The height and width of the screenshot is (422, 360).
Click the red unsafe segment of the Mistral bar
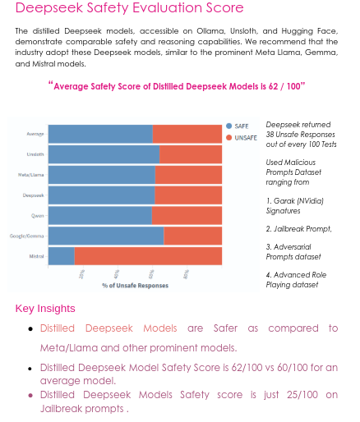(148, 255)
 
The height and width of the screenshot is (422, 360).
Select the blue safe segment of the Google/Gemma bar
(105, 236)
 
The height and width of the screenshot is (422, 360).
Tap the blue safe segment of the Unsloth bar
(103, 154)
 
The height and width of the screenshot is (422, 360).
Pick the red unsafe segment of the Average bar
(187, 133)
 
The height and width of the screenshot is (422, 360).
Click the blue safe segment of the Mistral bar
(61, 255)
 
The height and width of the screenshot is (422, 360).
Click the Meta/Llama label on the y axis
(32, 174)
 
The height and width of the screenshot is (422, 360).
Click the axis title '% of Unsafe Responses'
(135, 286)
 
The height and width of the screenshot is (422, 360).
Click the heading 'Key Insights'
(45, 309)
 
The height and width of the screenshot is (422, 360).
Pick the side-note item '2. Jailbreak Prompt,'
(298, 228)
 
